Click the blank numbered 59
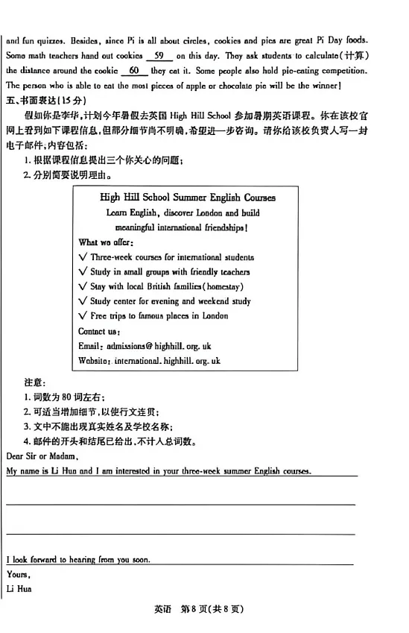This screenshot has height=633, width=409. point(159,55)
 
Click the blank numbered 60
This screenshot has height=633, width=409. point(134,70)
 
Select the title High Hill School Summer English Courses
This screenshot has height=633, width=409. point(187,198)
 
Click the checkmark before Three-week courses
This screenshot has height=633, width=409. point(83,257)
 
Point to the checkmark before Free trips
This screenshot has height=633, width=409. point(83,316)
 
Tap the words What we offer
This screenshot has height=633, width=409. point(106,242)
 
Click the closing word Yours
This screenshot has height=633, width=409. point(17,574)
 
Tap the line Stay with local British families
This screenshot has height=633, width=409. point(166,286)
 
